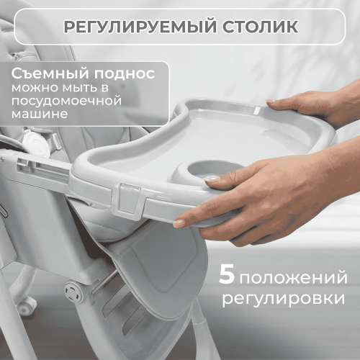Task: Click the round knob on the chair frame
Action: pyautogui.click(x=73, y=291)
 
